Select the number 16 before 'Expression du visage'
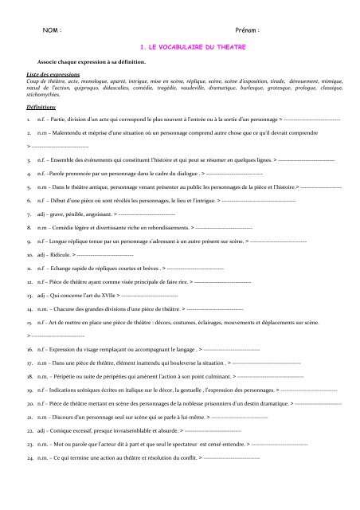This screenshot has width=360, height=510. pyautogui.click(x=29, y=349)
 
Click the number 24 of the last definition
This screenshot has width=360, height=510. pyautogui.click(x=29, y=458)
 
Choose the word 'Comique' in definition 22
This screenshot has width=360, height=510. pyautogui.click(x=62, y=430)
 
